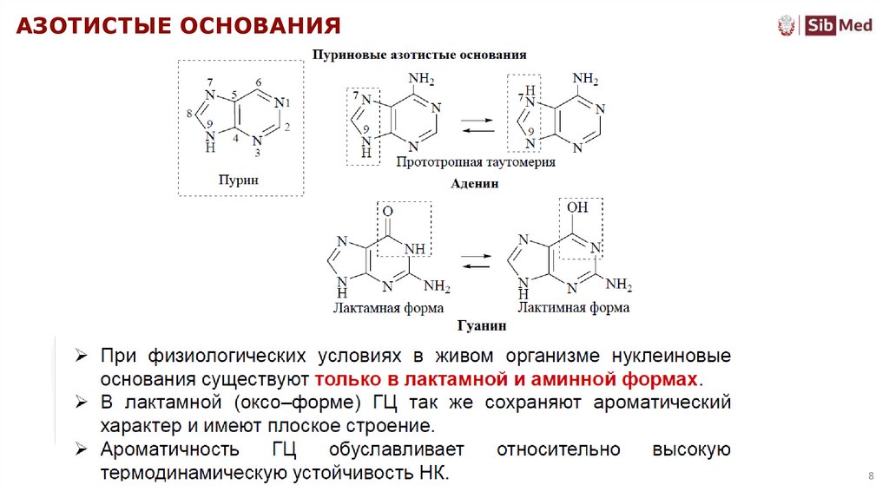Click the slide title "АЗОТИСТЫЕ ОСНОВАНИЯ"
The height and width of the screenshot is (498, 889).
tap(178, 25)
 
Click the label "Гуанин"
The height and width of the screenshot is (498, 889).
tap(475, 327)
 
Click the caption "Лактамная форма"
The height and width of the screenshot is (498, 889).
tap(388, 308)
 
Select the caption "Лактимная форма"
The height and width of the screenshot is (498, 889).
tap(574, 308)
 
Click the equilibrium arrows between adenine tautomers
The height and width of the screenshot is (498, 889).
tap(474, 126)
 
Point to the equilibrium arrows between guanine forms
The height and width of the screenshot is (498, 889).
tap(474, 261)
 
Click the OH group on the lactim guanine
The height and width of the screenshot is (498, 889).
tap(577, 208)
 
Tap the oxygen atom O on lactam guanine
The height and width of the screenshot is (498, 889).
tap(387, 211)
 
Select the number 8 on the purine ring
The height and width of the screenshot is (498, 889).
tap(189, 112)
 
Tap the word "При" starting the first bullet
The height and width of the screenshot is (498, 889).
tap(118, 357)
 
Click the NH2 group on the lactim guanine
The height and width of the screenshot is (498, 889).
tap(619, 285)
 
